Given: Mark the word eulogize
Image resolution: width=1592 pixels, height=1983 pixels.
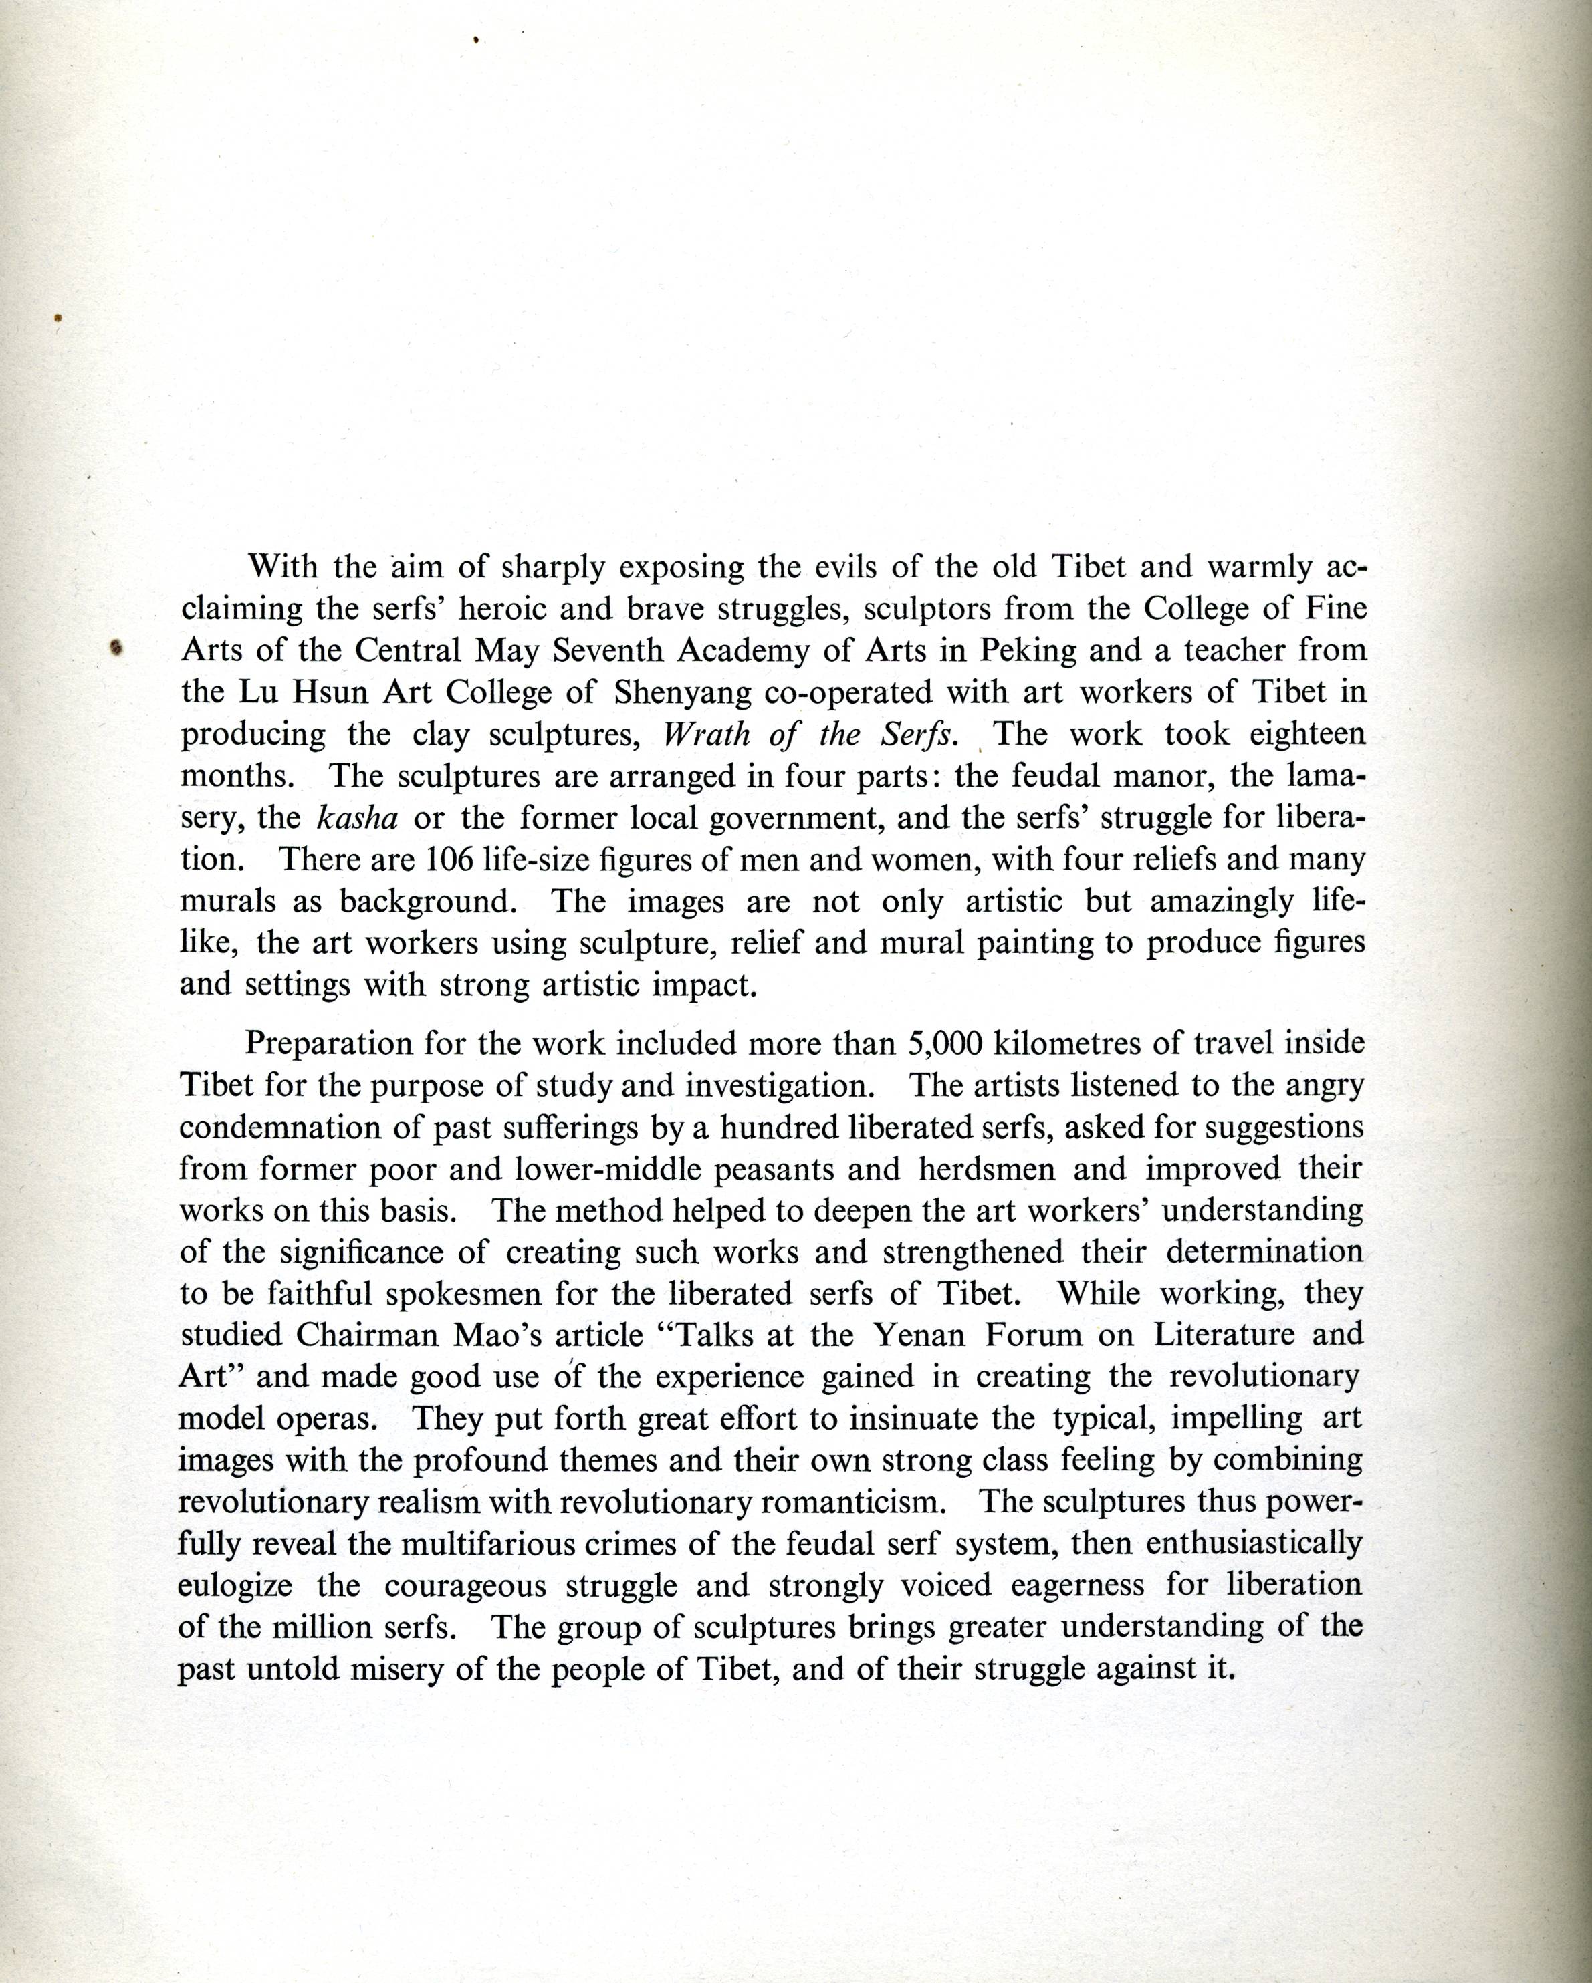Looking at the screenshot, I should coord(235,1585).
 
